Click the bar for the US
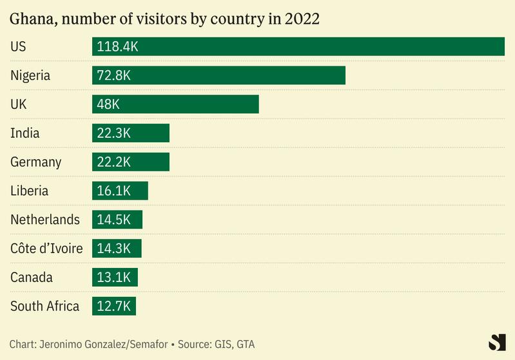298,46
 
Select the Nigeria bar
219,75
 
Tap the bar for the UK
175,104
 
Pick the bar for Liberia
120,191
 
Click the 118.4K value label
118,46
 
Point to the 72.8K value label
114,75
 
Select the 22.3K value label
114,133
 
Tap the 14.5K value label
114,220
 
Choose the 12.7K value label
114,306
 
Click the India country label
25,133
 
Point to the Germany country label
35,162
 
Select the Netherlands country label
45,220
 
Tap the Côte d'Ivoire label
46,249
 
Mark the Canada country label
32,278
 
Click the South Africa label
44,306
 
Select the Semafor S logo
497,343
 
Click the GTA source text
246,345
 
